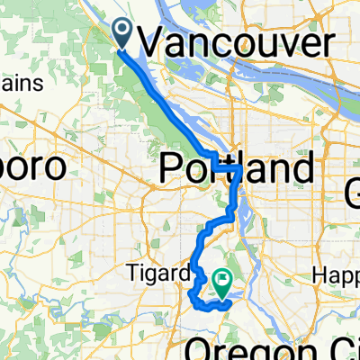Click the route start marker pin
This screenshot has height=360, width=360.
pyautogui.click(x=122, y=34)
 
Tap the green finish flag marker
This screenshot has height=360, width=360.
pyautogui.click(x=220, y=283)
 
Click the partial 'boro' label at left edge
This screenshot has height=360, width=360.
pyautogui.click(x=32, y=168)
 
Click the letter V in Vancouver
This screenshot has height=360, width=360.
pyautogui.click(x=154, y=42)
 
